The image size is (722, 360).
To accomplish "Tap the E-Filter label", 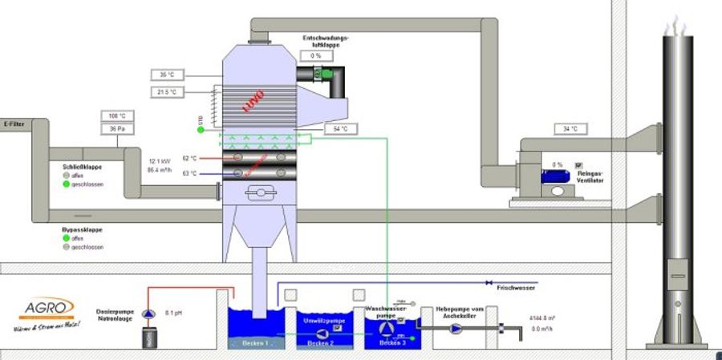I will point(14,124).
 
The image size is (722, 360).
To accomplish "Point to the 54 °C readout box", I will point(339,129).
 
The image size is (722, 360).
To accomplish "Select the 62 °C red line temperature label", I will point(189,159).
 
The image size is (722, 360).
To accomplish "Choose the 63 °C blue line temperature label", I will point(189,173).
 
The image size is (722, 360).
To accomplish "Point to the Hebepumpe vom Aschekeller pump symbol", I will point(456,328).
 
